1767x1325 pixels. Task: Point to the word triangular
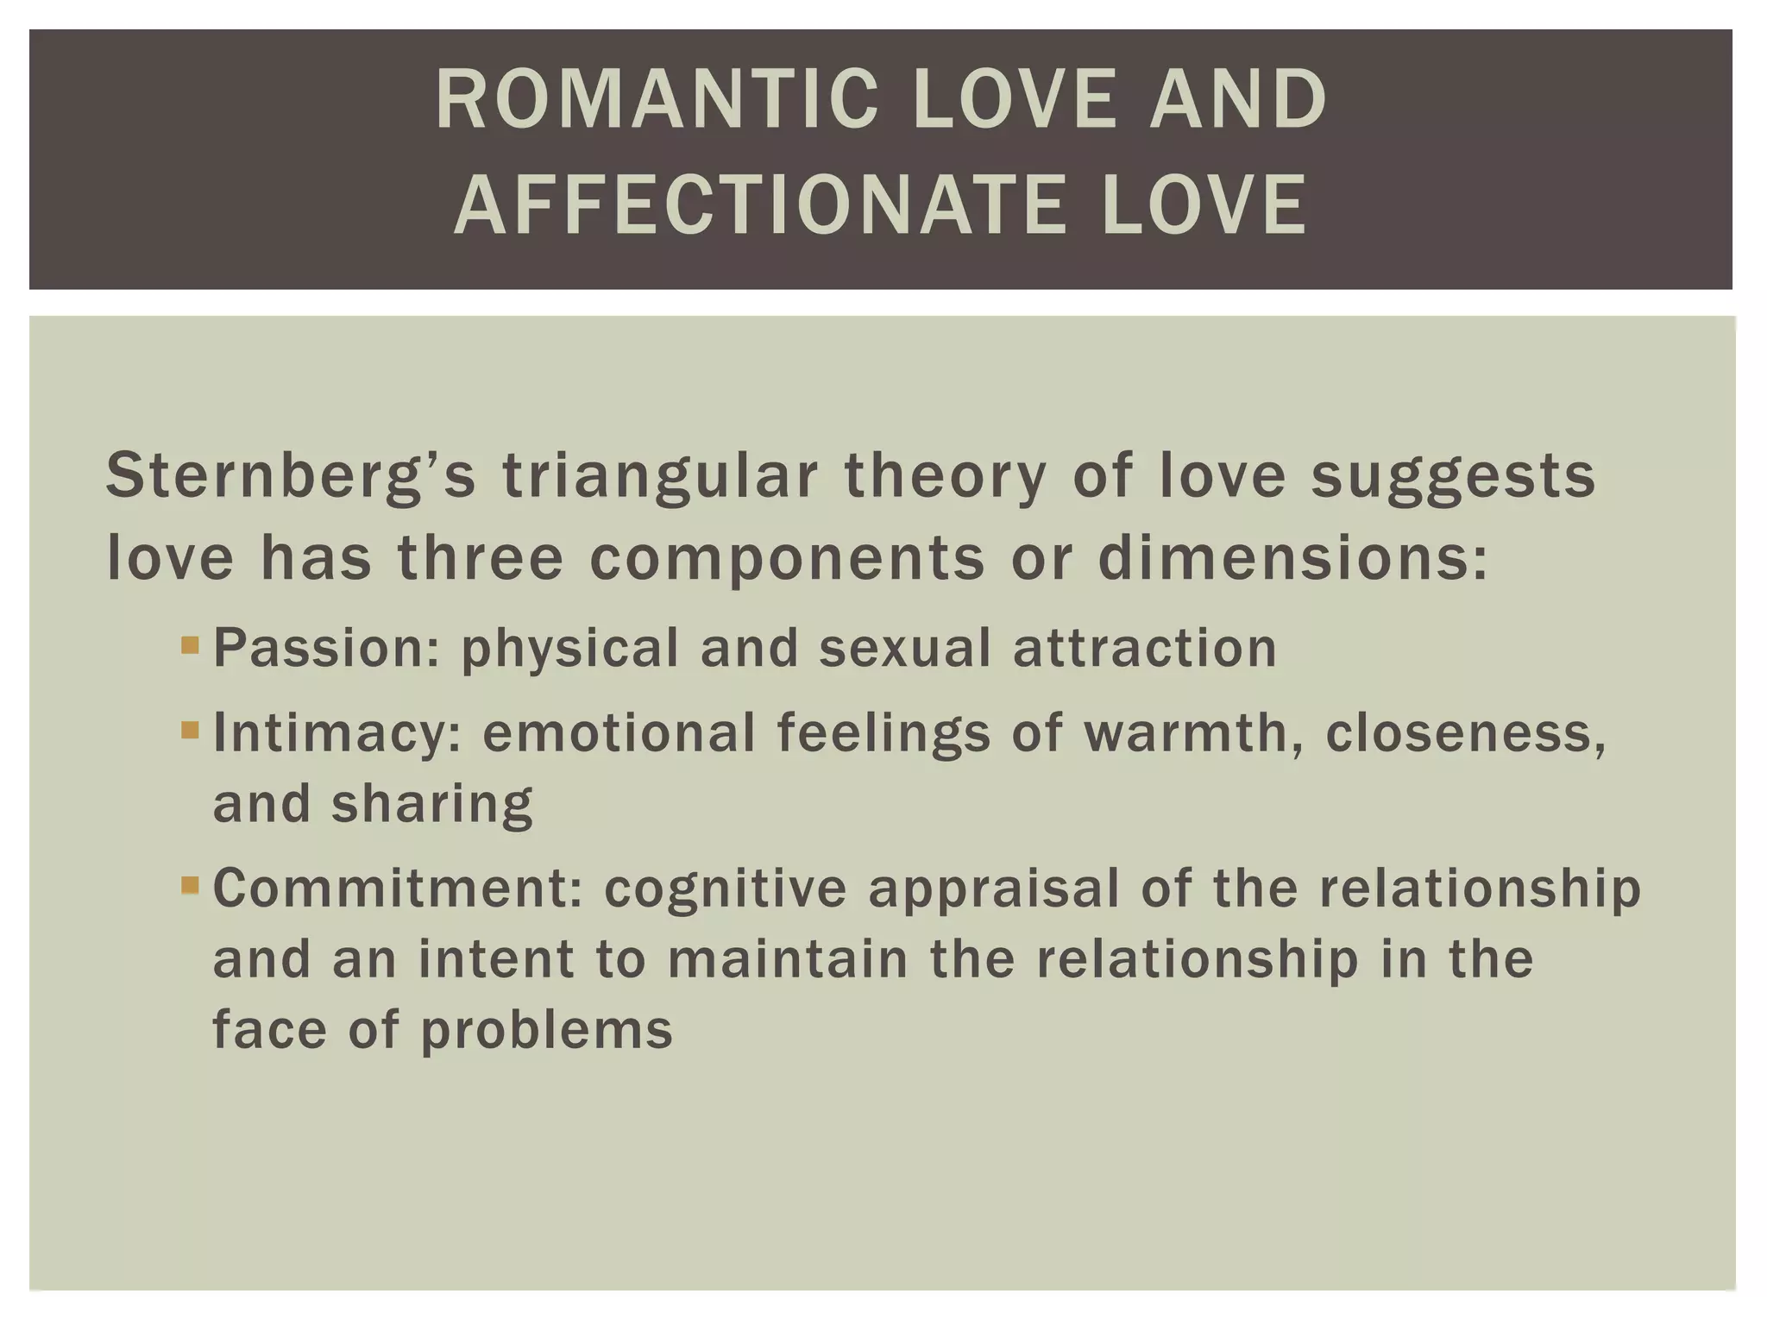pyautogui.click(x=659, y=476)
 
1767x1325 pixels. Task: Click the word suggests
pyautogui.click(x=1453, y=476)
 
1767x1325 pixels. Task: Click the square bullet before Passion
pyautogui.click(x=191, y=645)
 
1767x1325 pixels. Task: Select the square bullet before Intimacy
pyautogui.click(x=191, y=732)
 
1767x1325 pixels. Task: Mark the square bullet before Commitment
pyautogui.click(x=191, y=885)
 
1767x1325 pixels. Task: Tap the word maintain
pyautogui.click(x=788, y=959)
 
